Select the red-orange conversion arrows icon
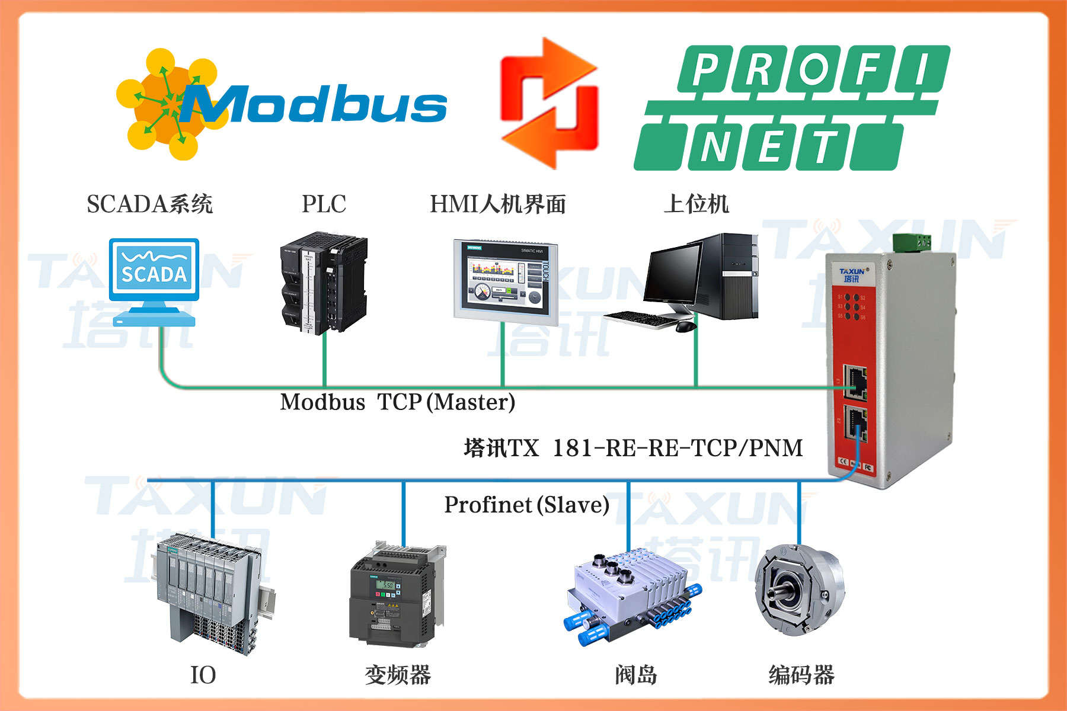click(549, 104)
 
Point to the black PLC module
click(323, 283)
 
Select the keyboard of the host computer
click(643, 319)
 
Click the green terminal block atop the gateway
click(911, 242)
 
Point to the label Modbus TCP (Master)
click(397, 402)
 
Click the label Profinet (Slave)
click(526, 505)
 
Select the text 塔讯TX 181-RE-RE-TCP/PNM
click(633, 448)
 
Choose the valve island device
click(631, 595)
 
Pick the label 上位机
click(696, 204)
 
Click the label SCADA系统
click(149, 204)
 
